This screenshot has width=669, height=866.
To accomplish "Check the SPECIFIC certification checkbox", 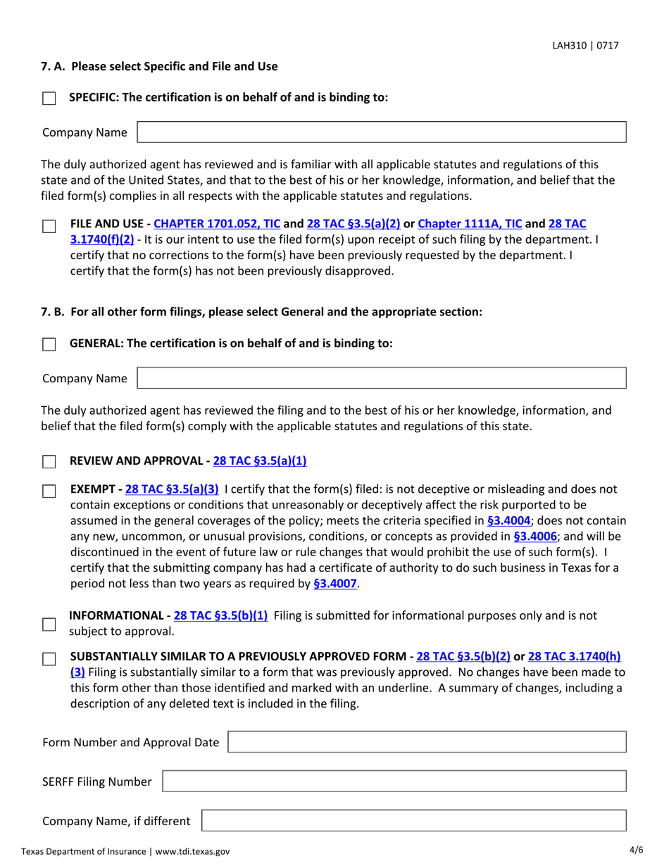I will coord(49,99).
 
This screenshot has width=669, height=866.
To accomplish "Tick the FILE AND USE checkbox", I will coord(49,227).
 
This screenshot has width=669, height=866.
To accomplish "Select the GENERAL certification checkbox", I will coord(49,345).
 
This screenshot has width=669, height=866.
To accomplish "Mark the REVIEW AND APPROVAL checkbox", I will coord(49,463).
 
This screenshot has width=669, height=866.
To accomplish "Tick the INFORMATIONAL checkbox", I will coord(49,625).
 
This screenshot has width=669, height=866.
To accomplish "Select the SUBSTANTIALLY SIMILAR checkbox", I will coord(49,660).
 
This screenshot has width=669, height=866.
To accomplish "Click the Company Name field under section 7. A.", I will coord(381,132).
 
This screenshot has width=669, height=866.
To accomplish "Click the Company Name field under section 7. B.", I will coord(381,378).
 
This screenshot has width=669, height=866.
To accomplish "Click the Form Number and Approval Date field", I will coord(427,742).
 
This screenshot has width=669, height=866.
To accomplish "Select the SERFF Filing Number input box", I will coord(394,782).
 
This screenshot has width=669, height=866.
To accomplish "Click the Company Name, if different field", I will coord(414,821).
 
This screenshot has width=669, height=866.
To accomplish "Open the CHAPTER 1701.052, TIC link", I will coord(216,224).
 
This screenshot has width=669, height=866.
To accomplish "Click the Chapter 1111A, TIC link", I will coord(470,224).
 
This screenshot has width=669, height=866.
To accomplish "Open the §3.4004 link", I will coord(508,521).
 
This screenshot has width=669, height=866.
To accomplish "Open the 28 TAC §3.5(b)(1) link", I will coord(220,615).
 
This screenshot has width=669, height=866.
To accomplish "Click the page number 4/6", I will coord(637,850).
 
